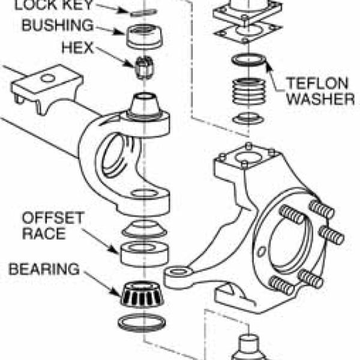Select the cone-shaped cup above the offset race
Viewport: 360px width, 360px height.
point(143,229)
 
